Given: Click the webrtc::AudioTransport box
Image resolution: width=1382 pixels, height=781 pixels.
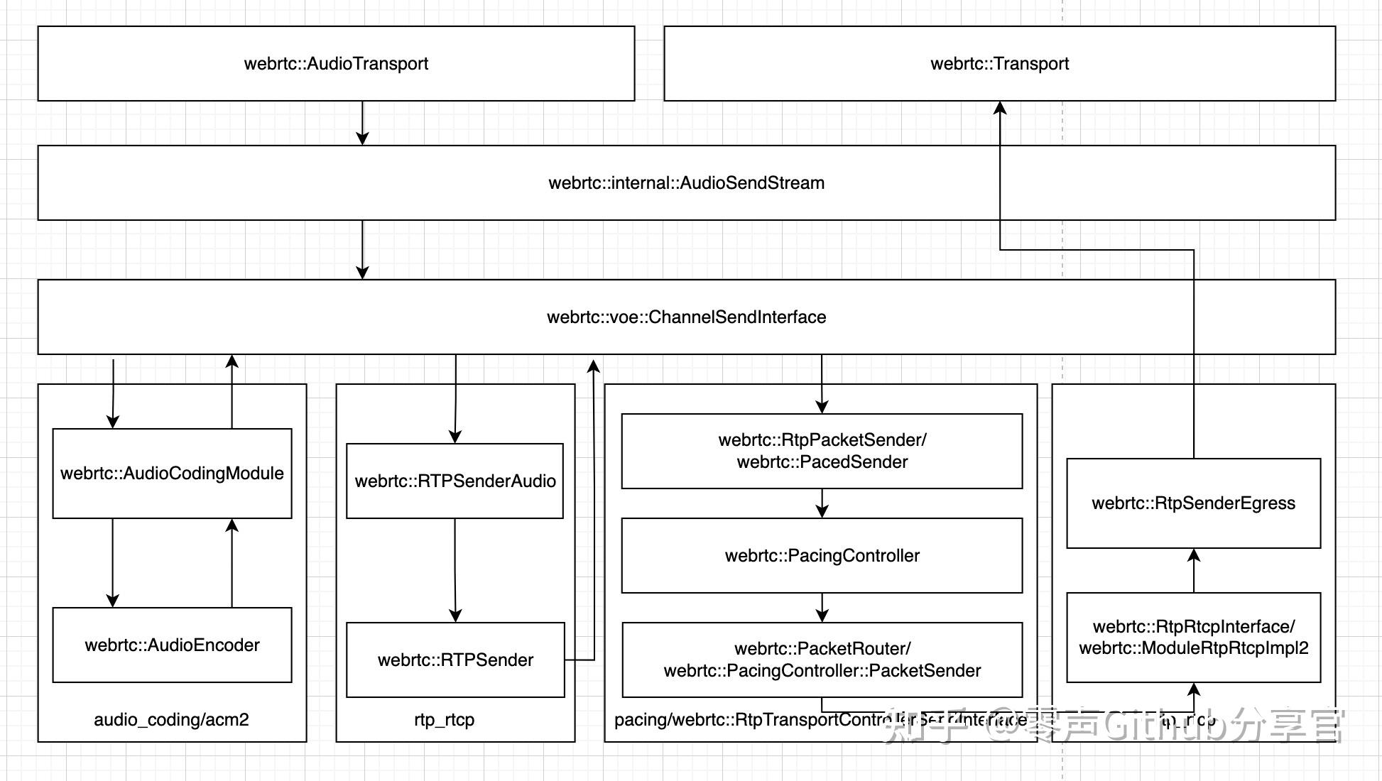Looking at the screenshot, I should click(x=336, y=64).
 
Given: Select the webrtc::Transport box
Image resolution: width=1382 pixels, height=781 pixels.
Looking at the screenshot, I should click(x=999, y=64).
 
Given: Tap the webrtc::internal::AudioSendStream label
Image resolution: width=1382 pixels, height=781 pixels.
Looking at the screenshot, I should click(x=686, y=183).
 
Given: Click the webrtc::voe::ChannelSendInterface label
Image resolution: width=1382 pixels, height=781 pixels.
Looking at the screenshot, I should click(x=686, y=317).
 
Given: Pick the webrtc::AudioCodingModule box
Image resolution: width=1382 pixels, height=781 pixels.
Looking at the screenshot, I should click(x=172, y=474).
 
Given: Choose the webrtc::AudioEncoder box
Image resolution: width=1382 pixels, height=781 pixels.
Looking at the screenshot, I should click(x=172, y=645).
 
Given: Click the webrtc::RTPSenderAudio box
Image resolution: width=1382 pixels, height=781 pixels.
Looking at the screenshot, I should click(x=455, y=481).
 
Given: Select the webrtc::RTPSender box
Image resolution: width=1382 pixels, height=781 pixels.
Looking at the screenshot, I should click(x=455, y=660).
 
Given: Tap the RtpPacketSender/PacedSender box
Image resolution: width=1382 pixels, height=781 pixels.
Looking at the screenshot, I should click(x=822, y=452).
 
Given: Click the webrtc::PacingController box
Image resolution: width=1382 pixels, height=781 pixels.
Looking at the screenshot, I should click(x=822, y=556).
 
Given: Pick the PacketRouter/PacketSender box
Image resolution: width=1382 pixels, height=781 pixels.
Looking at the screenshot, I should click(x=822, y=660).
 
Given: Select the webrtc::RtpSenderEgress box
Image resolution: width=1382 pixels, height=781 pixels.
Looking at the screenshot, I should click(x=1193, y=503).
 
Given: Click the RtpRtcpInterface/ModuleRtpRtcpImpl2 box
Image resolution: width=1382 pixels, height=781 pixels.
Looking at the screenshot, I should click(x=1193, y=638).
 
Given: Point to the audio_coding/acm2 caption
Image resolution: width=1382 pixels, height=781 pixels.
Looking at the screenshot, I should click(x=171, y=720).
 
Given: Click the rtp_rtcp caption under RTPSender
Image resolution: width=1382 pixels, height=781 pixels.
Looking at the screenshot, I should click(x=444, y=720).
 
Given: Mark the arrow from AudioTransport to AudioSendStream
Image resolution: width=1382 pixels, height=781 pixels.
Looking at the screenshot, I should click(x=362, y=124).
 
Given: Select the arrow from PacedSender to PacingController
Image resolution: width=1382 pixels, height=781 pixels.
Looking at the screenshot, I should click(x=822, y=503).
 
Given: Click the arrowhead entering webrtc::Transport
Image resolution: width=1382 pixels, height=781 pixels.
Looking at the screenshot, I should click(x=1000, y=108).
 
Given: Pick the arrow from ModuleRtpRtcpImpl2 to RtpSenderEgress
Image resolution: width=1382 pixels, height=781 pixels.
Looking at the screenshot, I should click(x=1194, y=570).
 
